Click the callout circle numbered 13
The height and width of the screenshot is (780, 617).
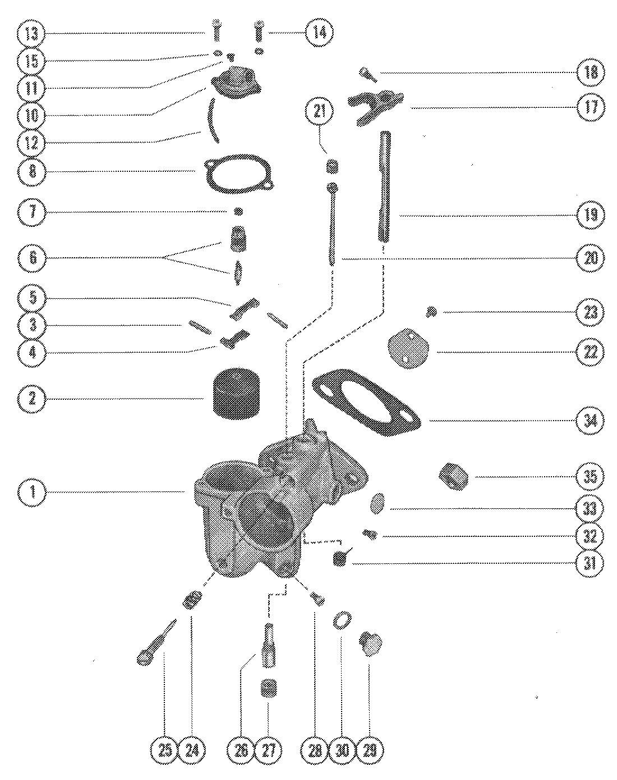pyautogui.click(x=32, y=34)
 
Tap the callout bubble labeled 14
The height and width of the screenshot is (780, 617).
pyautogui.click(x=319, y=33)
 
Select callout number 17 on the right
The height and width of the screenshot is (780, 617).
pyautogui.click(x=591, y=108)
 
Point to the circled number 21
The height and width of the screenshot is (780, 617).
pyautogui.click(x=319, y=112)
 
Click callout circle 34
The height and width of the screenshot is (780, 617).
pyautogui.click(x=591, y=421)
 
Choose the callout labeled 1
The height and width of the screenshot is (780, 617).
pyautogui.click(x=32, y=492)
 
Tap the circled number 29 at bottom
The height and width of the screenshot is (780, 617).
pyautogui.click(x=369, y=750)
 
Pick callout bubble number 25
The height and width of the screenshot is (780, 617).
pyautogui.click(x=165, y=750)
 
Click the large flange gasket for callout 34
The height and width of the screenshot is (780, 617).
pyautogui.click(x=366, y=402)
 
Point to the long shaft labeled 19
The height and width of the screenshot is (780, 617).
pyautogui.click(x=385, y=186)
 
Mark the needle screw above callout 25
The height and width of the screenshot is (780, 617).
pyautogui.click(x=156, y=642)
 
